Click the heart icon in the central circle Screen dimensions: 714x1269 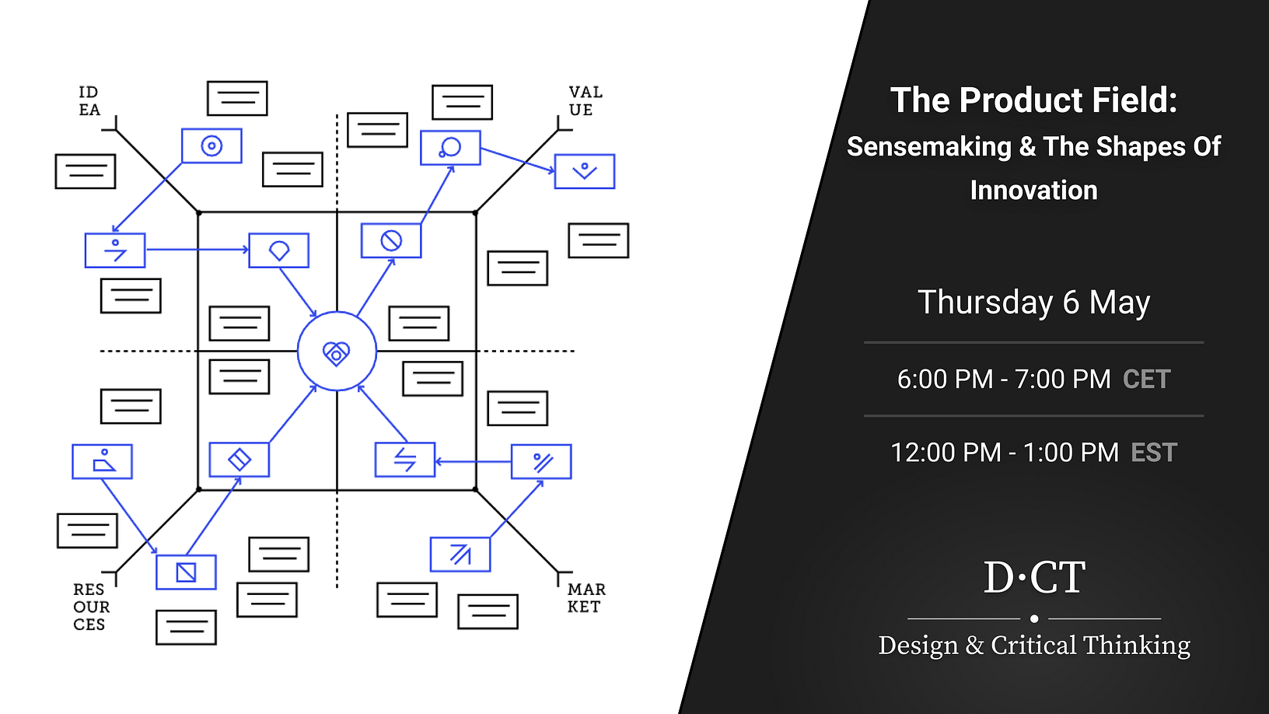pos(337,353)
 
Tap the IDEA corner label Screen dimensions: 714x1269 pos(89,101)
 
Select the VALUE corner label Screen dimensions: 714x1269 pos(585,101)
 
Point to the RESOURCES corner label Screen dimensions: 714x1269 pos(91,607)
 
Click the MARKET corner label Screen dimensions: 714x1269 pos(586,598)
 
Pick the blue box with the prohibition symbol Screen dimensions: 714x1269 pos(391,240)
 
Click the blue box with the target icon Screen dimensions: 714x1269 pos(211,145)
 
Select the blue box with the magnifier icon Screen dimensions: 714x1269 pos(450,148)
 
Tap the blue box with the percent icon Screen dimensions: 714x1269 pos(541,462)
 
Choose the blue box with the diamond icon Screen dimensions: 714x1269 pos(239,460)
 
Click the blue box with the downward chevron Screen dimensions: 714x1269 pos(585,171)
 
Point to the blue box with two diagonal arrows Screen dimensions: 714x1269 pos(460,555)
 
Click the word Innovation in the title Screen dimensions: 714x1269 pos(1033,191)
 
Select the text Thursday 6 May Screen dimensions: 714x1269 pos(1033,302)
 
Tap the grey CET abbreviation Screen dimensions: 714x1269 pos(1146,380)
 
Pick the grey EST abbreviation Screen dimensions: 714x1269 pos(1154,453)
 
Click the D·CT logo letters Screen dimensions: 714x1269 pos(1034,578)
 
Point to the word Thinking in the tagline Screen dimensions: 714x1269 pos(1136,646)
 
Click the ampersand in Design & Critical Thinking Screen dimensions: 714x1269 pos(974,646)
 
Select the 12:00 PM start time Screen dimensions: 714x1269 pos(945,453)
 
